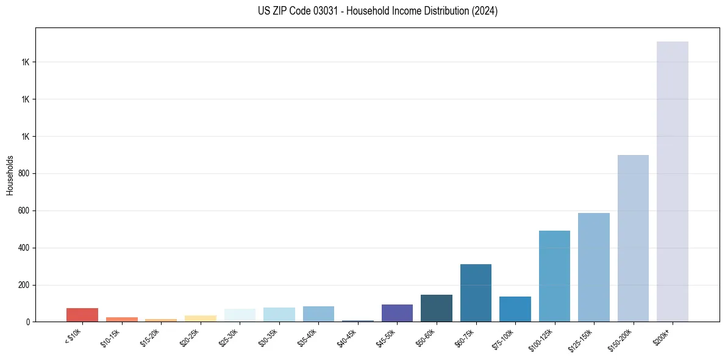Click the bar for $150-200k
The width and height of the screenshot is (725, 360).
(x=633, y=238)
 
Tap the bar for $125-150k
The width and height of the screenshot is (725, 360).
(x=593, y=267)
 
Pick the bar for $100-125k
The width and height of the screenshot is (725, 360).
(x=554, y=276)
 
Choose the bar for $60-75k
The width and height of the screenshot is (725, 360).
(x=476, y=293)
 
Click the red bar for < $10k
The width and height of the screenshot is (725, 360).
(x=82, y=315)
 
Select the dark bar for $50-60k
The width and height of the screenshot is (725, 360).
(x=437, y=308)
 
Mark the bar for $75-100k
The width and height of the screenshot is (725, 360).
(x=515, y=309)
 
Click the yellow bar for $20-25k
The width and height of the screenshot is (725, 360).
(x=200, y=319)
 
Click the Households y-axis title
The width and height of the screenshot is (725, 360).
(x=10, y=175)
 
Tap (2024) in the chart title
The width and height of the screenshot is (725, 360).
(x=485, y=11)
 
